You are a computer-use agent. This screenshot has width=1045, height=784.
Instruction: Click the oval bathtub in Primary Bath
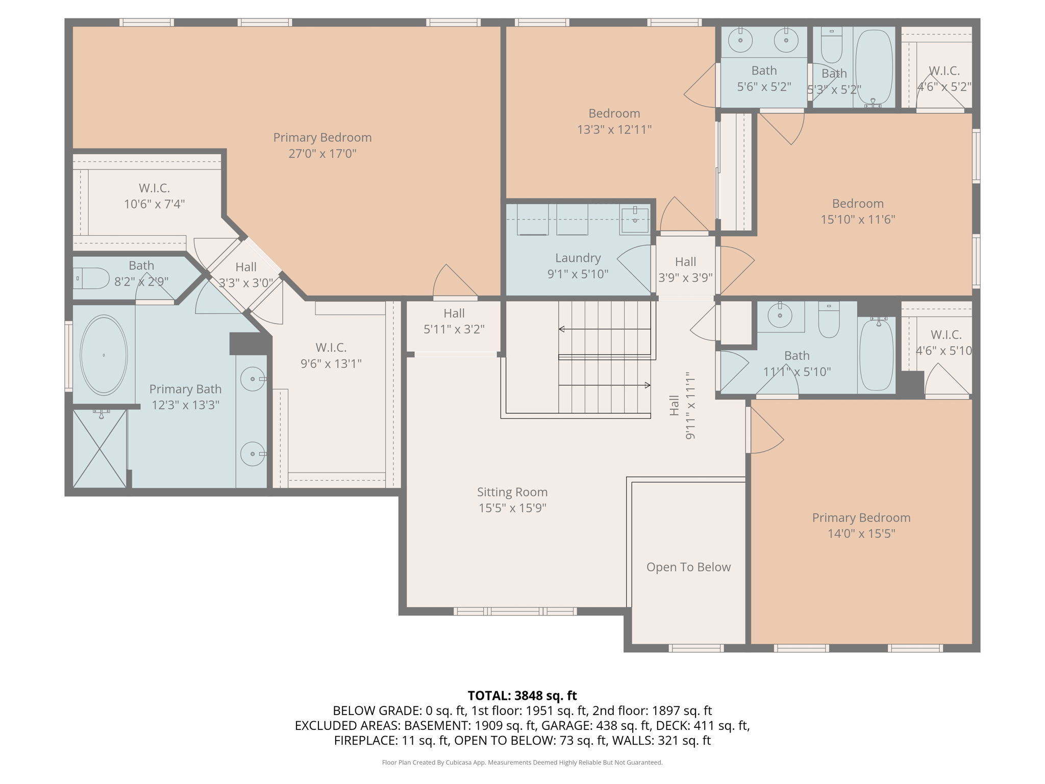pos(104,355)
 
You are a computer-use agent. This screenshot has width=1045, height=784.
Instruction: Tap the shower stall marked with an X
pos(99,448)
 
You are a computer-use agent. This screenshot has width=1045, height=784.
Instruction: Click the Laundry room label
pos(578,258)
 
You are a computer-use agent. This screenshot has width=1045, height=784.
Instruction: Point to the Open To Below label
pos(688,567)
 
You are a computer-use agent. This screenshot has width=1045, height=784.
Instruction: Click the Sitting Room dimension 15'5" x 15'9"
pos(512,508)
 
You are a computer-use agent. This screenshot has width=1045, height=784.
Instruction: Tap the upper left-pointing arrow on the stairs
pos(562,329)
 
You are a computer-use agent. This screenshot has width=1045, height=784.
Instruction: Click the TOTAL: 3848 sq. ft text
pos(522,696)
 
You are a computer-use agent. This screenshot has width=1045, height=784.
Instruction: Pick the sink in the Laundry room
pos(635,219)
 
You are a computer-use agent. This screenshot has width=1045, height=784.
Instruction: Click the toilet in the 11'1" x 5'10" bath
pos(829,320)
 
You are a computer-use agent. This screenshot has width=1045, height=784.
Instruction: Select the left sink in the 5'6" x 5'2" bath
pos(740,40)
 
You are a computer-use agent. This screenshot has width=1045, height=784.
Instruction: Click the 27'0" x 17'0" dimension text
pos(322,154)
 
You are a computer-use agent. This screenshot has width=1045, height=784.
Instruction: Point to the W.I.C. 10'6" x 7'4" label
pos(154,196)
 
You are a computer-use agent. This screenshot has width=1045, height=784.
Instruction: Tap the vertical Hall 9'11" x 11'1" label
pos(682,405)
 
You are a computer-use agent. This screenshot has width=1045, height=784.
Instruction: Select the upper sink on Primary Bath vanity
pos(253,379)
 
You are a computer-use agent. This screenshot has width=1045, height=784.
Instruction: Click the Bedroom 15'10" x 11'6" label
pos(858,211)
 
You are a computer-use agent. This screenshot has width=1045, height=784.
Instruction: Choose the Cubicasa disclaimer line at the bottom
pos(522,763)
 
